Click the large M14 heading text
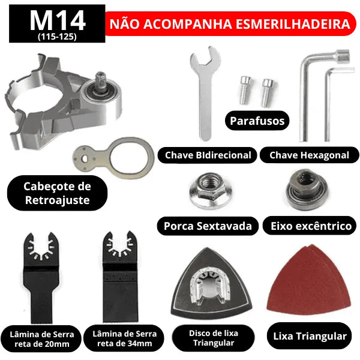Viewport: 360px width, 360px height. (58, 20)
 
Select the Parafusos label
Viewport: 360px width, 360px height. (257, 121)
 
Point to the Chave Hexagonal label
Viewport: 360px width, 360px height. (309, 155)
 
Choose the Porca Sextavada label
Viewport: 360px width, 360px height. (208, 226)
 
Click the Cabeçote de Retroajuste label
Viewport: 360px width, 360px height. (58, 193)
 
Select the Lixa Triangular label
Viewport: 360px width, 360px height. (310, 335)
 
